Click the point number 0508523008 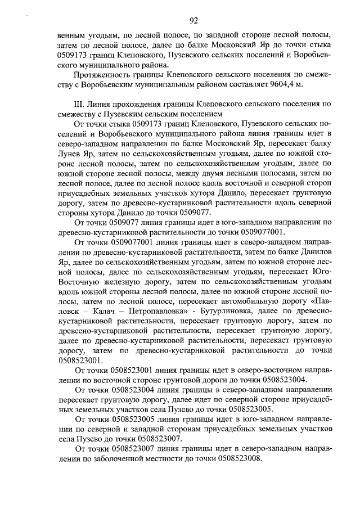point(240,459)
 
